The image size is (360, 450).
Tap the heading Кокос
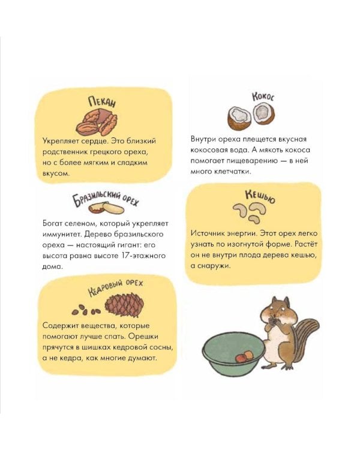pyautogui.click(x=263, y=97)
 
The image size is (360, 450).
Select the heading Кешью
pyautogui.click(x=260, y=196)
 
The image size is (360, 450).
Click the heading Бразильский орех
pyautogui.click(x=105, y=198)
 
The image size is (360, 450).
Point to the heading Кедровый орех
pyautogui.click(x=115, y=288)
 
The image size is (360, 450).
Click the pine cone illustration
pyautogui.click(x=124, y=305)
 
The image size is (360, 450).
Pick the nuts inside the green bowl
pyautogui.click(x=244, y=357)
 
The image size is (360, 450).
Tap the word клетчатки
pyautogui.click(x=233, y=172)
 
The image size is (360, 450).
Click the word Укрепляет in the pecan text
pyautogui.click(x=59, y=142)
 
